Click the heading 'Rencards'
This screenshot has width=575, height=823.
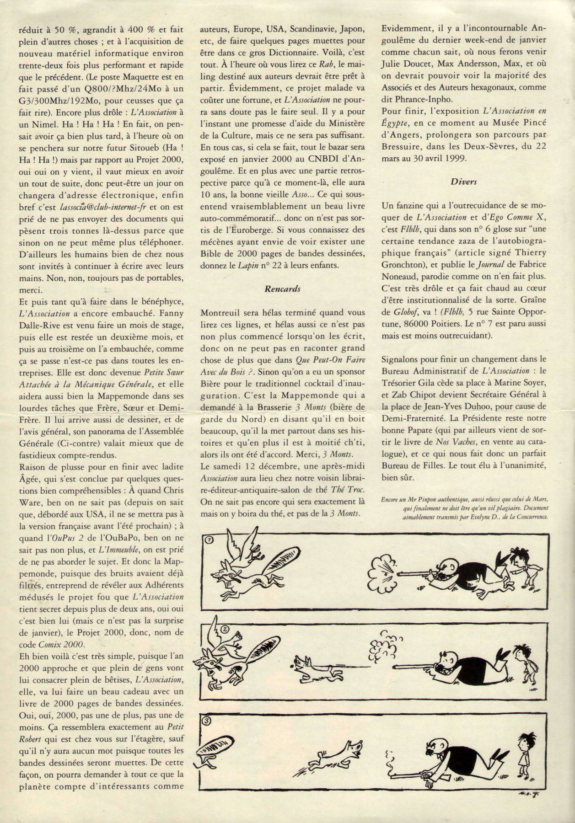coord(283,289)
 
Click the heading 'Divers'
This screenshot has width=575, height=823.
coord(464,182)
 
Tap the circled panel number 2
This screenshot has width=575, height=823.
coord(225,628)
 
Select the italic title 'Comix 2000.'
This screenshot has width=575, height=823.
coord(64,644)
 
